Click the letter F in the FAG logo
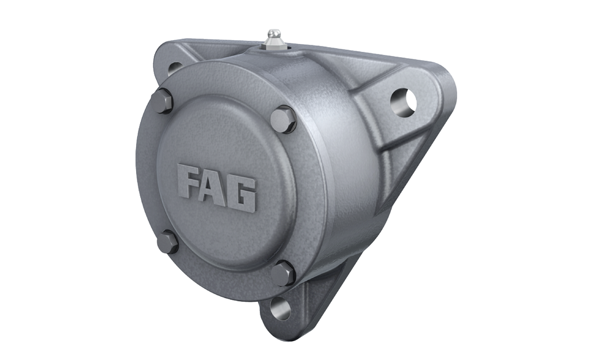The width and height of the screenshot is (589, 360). (189, 183)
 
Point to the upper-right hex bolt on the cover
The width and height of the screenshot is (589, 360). (283, 119)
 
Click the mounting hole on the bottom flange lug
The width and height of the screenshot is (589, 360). (280, 308)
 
